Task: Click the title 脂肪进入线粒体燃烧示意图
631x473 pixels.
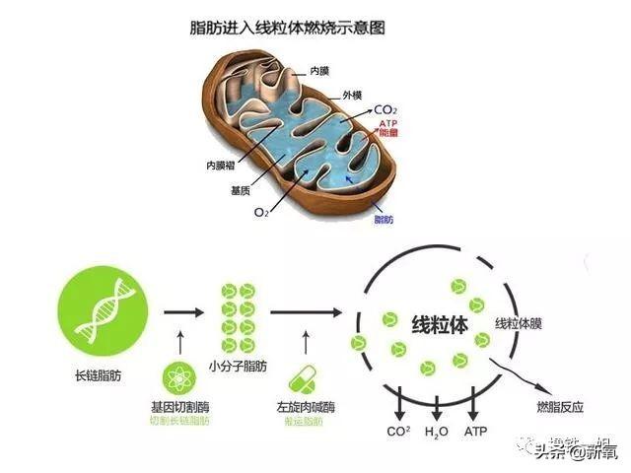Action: click(286, 27)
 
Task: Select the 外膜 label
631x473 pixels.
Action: click(353, 96)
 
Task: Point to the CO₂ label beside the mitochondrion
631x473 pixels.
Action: click(386, 110)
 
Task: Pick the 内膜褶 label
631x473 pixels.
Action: click(220, 165)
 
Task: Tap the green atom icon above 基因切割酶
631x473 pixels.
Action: click(178, 380)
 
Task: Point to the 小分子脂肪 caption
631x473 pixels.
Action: click(238, 368)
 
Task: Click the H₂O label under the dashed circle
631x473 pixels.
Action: click(436, 431)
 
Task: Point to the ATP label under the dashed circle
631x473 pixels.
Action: click(474, 431)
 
